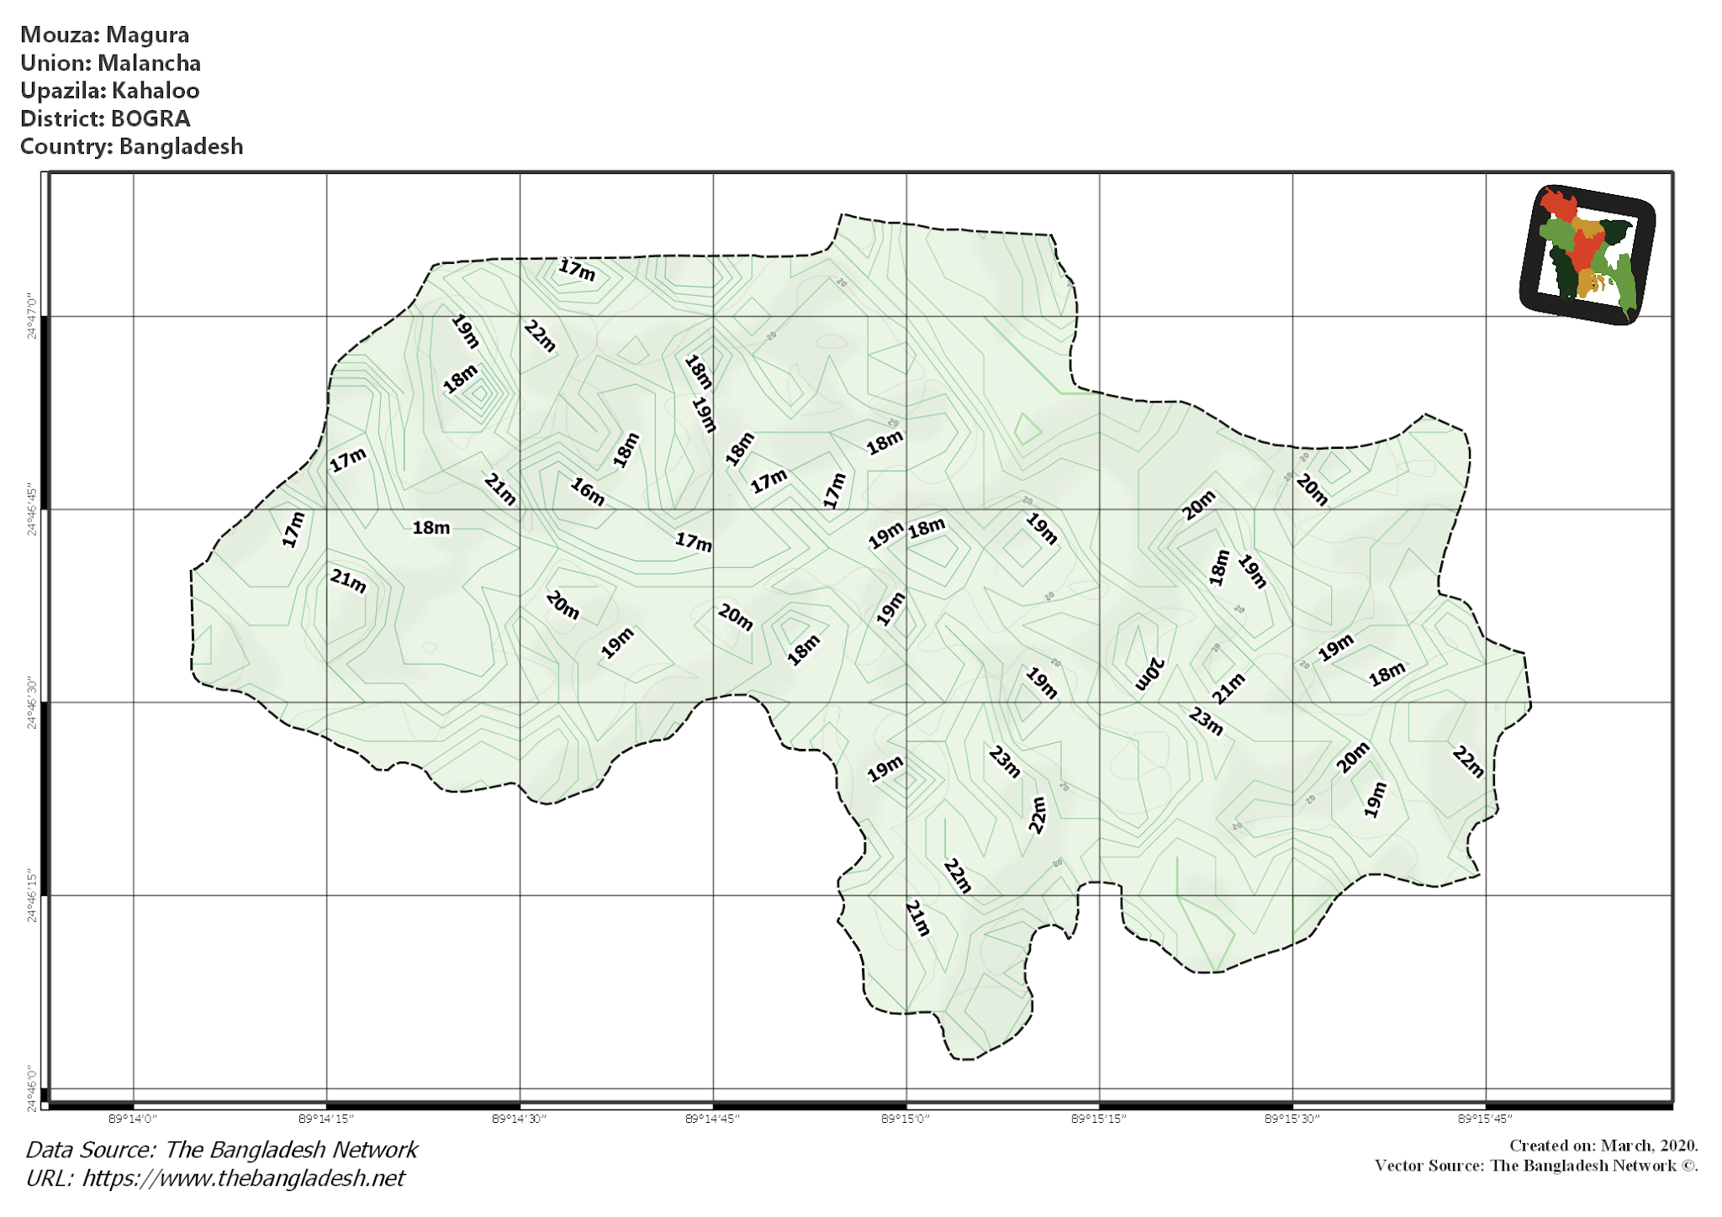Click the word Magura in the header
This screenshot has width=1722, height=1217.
147,35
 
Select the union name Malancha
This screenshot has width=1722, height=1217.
149,63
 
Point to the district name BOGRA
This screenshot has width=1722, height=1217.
151,119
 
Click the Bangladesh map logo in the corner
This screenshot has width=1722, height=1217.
1587,254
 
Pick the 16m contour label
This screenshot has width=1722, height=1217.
588,491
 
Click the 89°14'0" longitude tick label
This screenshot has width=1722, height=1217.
133,1119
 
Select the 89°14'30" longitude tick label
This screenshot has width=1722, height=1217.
519,1119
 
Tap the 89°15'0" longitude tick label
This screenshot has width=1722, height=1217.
906,1119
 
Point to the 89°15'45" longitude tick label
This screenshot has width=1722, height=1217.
1485,1119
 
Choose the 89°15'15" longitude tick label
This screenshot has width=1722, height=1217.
1098,1119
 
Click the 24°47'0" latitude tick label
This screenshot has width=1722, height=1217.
32,316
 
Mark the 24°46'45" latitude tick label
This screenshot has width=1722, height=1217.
32,509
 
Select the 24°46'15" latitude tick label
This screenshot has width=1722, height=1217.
32,896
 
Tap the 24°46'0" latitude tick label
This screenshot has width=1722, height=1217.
32,1088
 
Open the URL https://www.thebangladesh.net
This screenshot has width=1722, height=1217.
243,1178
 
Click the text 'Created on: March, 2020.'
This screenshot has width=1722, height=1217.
1603,1146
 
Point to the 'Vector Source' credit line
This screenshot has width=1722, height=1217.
1536,1166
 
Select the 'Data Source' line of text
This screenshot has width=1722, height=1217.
222,1150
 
